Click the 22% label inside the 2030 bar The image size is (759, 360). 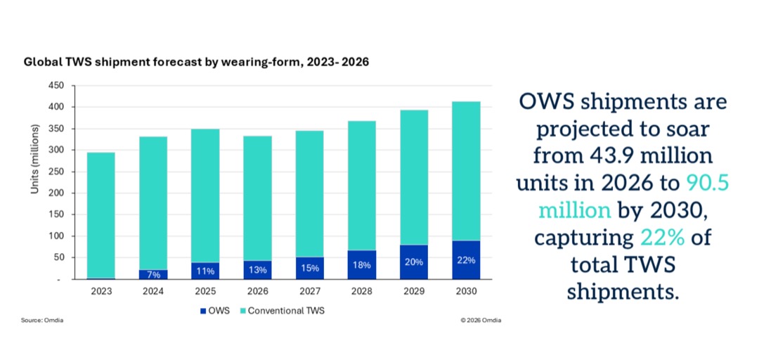pos(466,260)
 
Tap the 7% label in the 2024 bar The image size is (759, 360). pos(153,275)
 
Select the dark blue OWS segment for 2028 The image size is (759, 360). pos(362,264)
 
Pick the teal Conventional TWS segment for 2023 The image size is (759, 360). pos(101,215)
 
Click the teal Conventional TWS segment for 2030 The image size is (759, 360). pos(466,171)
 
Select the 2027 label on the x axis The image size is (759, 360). pos(310,292)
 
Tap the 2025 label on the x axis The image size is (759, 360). pos(205,292)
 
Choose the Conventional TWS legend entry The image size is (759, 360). pos(282,311)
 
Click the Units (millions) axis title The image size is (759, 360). pos(35,160)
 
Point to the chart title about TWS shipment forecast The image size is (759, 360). pos(196,63)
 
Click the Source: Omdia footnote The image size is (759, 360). pos(42,320)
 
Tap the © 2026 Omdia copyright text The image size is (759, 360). pos(481,320)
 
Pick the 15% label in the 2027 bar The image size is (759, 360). pos(310,268)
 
